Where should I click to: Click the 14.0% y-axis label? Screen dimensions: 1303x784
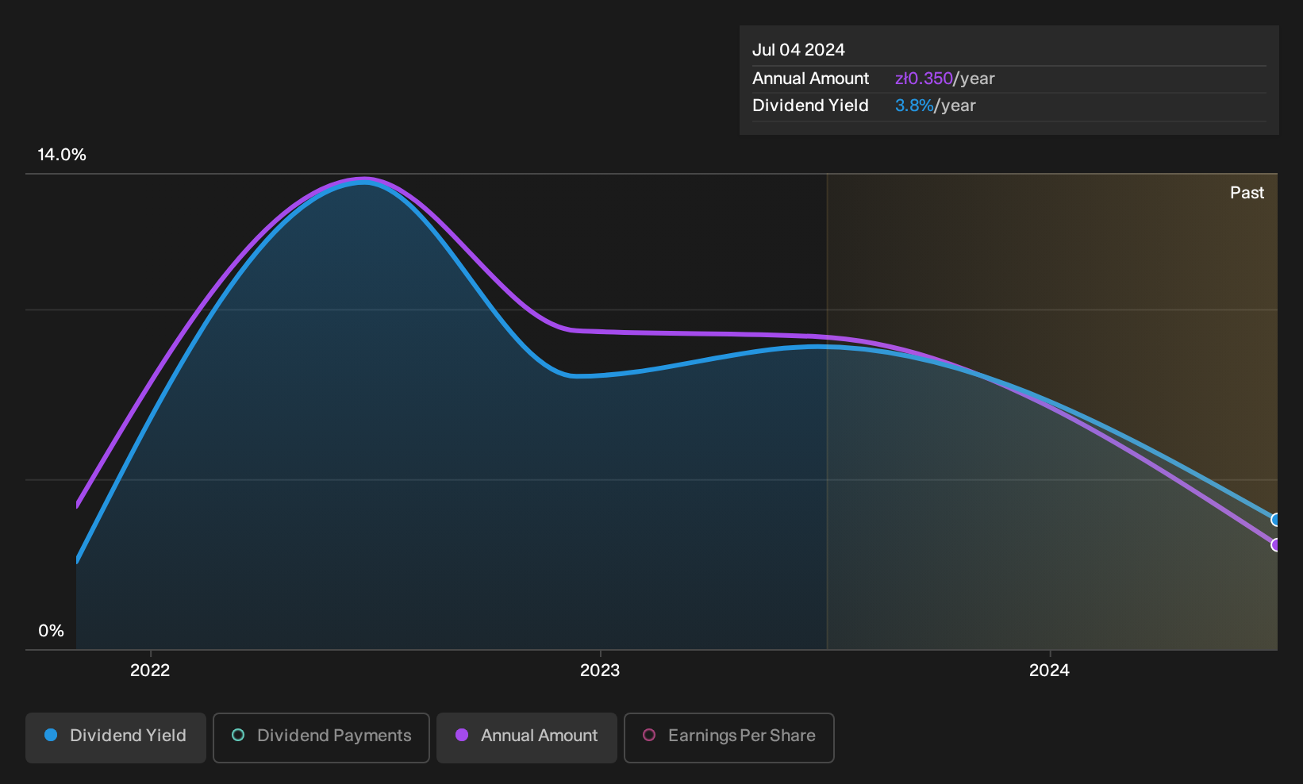pos(62,155)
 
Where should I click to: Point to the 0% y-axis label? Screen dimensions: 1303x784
pos(52,631)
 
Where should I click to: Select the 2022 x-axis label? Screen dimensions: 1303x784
pos(150,670)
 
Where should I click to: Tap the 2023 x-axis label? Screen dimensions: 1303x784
pos(600,670)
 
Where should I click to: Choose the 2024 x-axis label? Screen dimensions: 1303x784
pos(1049,670)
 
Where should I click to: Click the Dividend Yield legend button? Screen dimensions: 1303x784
pos(116,737)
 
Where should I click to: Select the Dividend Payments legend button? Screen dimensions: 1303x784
pos(321,737)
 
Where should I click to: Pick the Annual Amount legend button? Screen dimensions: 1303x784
pos(526,737)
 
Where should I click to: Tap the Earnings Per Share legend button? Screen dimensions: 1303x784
pos(728,737)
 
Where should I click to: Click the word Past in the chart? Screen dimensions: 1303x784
pos(1247,193)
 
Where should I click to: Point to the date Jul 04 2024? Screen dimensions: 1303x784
pos(798,50)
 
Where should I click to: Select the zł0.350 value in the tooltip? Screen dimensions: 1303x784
pos(924,79)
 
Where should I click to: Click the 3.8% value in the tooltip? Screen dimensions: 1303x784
pos(914,106)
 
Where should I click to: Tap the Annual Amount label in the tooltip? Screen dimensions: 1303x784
pos(810,79)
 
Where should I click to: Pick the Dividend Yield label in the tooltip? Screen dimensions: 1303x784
pos(810,106)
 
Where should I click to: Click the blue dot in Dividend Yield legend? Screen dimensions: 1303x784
pos(52,735)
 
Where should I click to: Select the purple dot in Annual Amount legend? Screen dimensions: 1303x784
pos(462,735)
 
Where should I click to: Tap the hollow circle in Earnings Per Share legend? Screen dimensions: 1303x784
pos(649,735)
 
